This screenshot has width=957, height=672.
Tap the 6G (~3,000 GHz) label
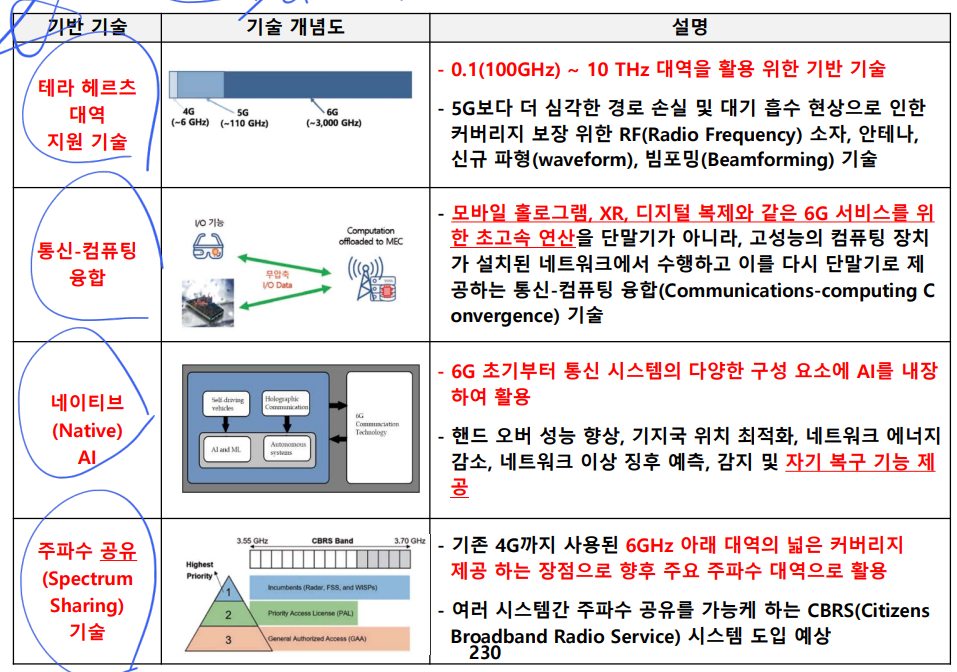[x=333, y=117]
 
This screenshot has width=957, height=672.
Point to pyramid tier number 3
[x=227, y=639]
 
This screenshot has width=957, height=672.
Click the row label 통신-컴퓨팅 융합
[x=89, y=263]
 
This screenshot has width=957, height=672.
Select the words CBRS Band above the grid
[x=333, y=541]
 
